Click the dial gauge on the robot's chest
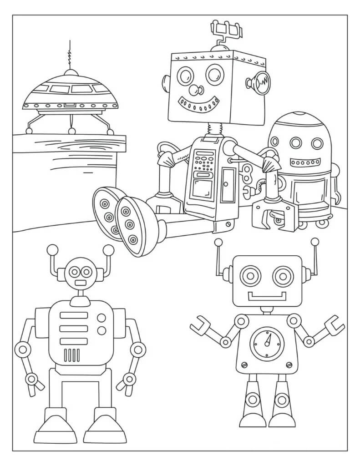pyautogui.click(x=267, y=345)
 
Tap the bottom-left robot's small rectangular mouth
pyautogui.click(x=81, y=283)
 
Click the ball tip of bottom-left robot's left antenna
pyautogui.click(x=52, y=250)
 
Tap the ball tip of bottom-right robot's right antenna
pyautogui.click(x=314, y=242)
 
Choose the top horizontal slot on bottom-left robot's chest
pyautogui.click(x=74, y=315)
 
